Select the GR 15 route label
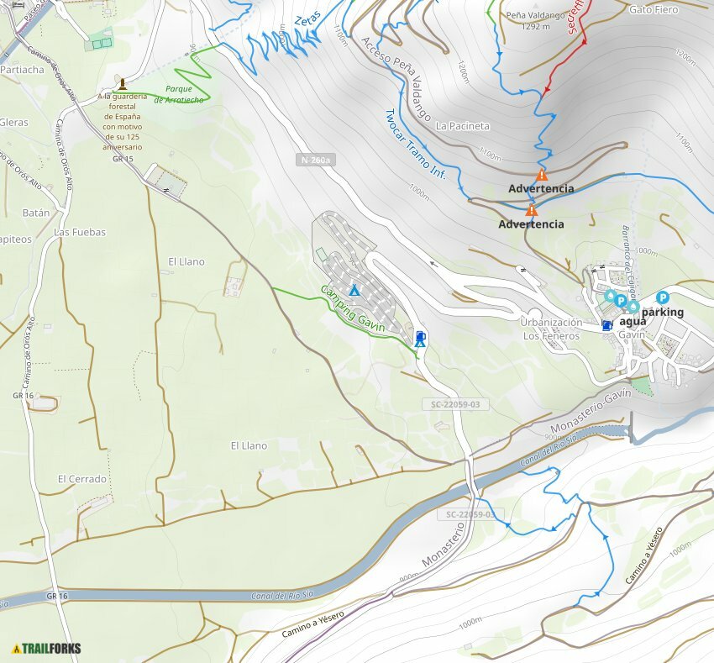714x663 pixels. coord(123,159)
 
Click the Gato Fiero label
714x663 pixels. coord(653,10)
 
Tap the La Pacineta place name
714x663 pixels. coord(462,126)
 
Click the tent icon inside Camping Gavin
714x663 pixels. coord(354,290)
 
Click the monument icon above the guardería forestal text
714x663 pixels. coord(123,83)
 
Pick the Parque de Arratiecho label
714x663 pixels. coord(184,93)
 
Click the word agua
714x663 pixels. coord(633,322)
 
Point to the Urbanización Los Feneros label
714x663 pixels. coord(551,329)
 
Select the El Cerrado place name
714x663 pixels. coord(82,479)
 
